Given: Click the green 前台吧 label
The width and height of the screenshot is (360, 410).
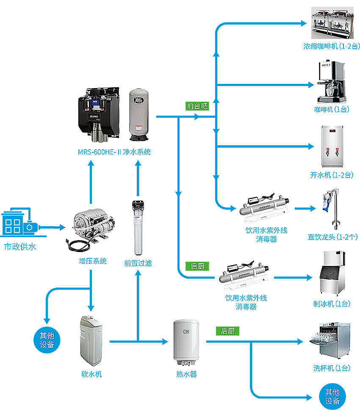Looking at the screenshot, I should pos(197,106).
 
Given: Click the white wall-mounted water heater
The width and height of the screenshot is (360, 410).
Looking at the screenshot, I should pos(186,342).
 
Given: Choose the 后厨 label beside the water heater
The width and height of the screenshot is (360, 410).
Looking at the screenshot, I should pos(228,331).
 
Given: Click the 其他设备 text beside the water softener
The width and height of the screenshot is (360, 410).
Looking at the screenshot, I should pos(47,340).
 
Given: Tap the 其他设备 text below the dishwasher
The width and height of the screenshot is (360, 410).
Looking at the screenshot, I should pos(332,397).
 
